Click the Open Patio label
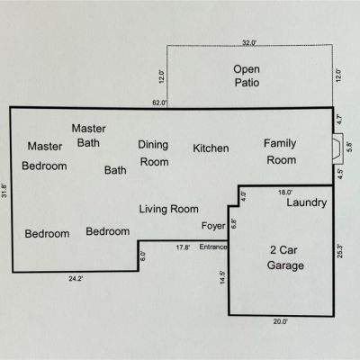247,76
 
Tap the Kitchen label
211,148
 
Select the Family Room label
280,151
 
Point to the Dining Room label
154,153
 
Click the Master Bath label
88,136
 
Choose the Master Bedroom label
44,156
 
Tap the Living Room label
168,209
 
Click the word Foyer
213,226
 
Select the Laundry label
307,202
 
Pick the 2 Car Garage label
284,257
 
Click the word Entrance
213,247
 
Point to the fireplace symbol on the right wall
337,148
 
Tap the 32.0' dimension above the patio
249,43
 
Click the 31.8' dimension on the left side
4,190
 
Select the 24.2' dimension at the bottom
76,279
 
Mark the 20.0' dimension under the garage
281,321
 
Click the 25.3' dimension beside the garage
340,251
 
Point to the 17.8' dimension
183,247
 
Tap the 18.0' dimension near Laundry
285,193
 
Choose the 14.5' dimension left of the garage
222,277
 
